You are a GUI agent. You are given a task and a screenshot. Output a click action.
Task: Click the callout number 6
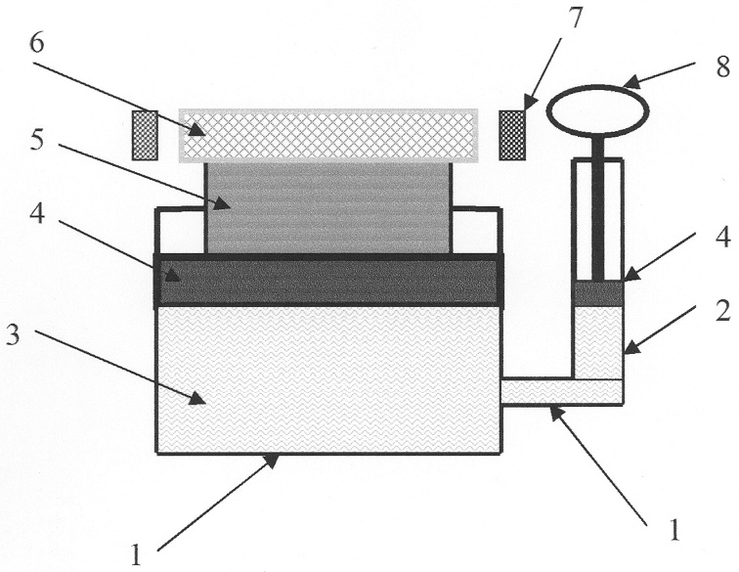click(x=37, y=43)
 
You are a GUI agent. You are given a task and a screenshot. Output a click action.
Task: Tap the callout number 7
click(x=576, y=19)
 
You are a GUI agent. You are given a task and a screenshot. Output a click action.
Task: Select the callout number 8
click(x=723, y=66)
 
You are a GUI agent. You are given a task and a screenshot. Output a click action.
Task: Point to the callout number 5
click(x=37, y=141)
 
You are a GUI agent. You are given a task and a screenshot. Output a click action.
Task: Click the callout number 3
click(x=13, y=334)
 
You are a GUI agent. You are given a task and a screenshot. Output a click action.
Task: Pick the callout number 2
click(x=723, y=311)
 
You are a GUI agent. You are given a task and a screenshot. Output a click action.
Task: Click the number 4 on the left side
click(x=37, y=214)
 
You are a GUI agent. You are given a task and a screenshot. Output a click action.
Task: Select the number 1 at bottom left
click(x=136, y=555)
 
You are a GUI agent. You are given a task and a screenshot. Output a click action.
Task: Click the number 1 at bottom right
click(x=674, y=530)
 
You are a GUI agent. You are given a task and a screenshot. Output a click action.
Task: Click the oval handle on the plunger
click(x=597, y=110)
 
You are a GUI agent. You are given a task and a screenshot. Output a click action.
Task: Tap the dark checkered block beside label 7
click(x=512, y=135)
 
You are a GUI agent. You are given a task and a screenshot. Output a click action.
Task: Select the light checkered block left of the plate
click(x=145, y=135)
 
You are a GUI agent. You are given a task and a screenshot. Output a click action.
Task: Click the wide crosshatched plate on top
click(x=328, y=136)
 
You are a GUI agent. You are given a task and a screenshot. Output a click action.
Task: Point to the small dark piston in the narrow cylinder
click(x=598, y=293)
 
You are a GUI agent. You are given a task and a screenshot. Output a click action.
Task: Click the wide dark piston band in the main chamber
click(x=329, y=282)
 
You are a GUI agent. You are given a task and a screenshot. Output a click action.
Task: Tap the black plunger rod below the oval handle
click(x=598, y=208)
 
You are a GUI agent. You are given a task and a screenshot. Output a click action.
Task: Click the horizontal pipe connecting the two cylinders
click(x=561, y=392)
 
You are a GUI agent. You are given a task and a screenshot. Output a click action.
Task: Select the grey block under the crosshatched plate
click(x=328, y=208)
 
